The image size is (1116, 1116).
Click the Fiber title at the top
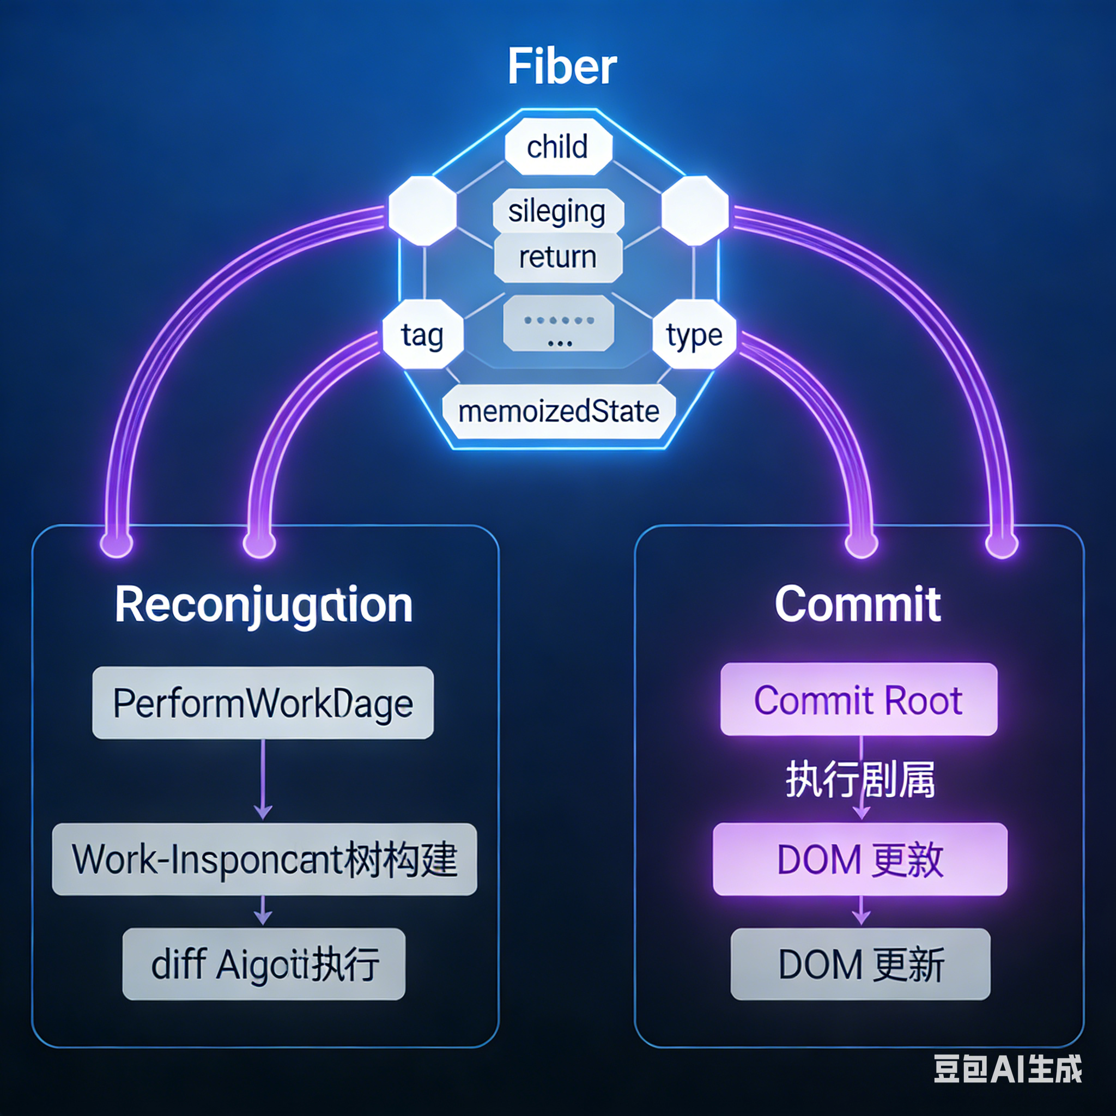click(x=561, y=66)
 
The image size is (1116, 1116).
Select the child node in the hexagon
click(x=557, y=147)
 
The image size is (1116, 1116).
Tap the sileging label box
click(x=557, y=211)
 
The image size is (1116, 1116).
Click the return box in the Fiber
click(x=557, y=258)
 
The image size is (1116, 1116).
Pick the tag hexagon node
click(x=423, y=335)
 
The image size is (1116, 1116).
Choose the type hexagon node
click(x=694, y=335)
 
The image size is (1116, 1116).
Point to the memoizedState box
click(x=558, y=412)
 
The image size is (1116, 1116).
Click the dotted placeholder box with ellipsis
click(x=558, y=324)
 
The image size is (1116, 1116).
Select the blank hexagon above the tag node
click(x=423, y=211)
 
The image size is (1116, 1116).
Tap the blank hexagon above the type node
click(x=694, y=211)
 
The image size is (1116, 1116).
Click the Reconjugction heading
click(x=264, y=605)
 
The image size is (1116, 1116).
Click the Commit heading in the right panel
click(x=858, y=605)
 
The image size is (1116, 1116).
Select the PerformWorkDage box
click(x=263, y=703)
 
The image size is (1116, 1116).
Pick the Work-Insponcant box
click(x=264, y=859)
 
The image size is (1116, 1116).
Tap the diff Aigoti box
click(x=264, y=964)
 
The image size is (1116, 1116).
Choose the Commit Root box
click(x=858, y=700)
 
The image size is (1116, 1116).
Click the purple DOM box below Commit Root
click(x=859, y=859)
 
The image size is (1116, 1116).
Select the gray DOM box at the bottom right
click(x=860, y=964)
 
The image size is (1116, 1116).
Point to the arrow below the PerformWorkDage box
click(x=263, y=780)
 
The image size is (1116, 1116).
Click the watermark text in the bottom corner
click(x=1008, y=1069)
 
